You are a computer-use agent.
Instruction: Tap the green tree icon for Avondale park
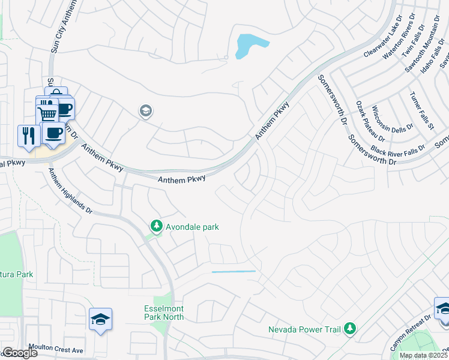tap(157, 226)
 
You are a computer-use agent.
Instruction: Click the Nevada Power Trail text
tap(304, 329)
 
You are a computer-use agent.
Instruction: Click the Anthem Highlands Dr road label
tap(71, 192)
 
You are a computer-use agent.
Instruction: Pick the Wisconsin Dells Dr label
tap(393, 118)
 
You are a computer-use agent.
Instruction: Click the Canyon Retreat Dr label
tap(411, 334)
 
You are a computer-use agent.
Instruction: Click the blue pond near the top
tap(249, 46)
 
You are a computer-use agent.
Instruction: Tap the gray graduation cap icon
tap(145, 111)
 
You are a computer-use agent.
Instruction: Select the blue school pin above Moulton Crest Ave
tap(100, 319)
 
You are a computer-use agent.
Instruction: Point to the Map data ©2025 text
tap(424, 355)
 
